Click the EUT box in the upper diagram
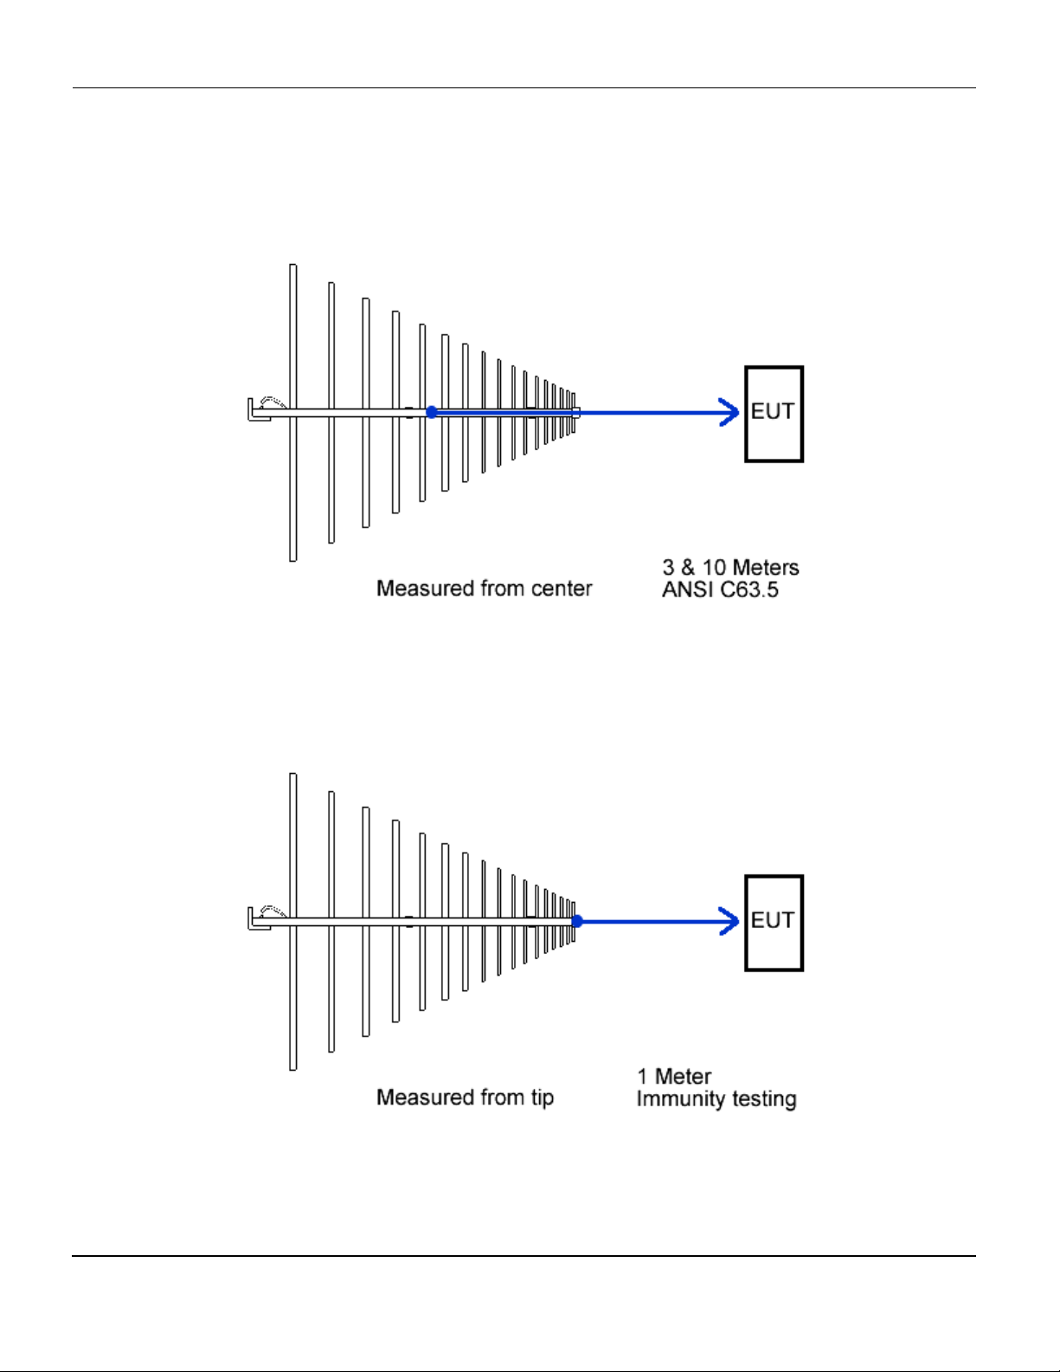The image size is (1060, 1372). tap(774, 414)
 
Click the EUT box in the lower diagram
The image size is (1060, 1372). tap(774, 923)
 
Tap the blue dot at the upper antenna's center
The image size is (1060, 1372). tap(432, 413)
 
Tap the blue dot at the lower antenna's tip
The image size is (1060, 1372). tap(577, 922)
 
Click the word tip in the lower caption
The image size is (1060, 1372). tap(543, 1098)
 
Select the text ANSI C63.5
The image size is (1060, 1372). tap(720, 590)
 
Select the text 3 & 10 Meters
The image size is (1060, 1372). tap(730, 568)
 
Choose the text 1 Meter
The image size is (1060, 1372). tap(674, 1077)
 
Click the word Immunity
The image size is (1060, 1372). tap(676, 1099)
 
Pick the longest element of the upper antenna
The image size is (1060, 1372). tap(293, 485)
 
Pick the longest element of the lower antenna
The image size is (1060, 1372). tap(293, 995)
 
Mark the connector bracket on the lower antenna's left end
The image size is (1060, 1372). tap(258, 919)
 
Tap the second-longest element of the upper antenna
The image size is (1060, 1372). tap(331, 485)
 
